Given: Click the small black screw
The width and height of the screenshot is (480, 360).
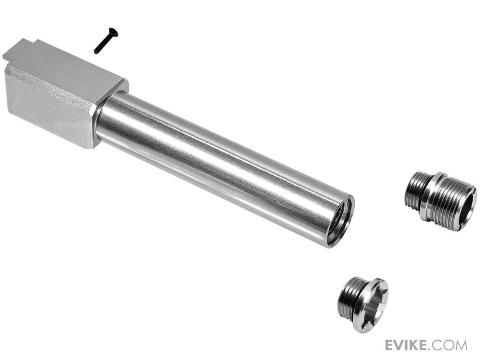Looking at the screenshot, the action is [x=106, y=41].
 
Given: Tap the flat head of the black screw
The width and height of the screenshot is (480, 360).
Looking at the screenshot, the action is [x=114, y=32].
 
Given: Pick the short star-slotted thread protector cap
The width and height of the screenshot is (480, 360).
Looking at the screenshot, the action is [x=363, y=302].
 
